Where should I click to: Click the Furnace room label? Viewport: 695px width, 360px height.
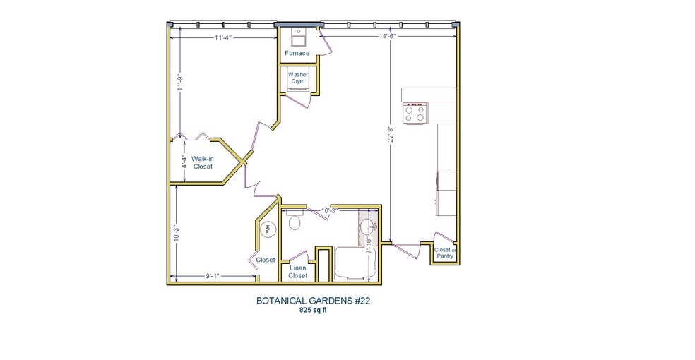pos(297,53)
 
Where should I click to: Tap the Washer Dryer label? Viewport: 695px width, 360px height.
pos(297,78)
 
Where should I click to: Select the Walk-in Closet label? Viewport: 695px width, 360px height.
pos(203,162)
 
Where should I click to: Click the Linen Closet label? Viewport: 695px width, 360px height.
pos(298,272)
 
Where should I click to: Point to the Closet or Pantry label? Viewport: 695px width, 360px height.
pos(445,253)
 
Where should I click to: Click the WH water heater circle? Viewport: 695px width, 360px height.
pos(268,229)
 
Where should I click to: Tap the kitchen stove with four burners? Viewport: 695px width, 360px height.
pos(415,113)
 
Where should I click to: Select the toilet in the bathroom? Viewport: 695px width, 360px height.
pos(295,222)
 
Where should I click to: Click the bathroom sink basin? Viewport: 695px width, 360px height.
pos(367,227)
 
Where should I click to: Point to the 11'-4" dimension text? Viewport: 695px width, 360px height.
pos(225,38)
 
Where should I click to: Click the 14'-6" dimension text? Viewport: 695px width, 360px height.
pos(388,36)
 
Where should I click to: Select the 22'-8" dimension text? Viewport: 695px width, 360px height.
pos(390,134)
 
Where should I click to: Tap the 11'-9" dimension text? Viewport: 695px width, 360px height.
pos(181,82)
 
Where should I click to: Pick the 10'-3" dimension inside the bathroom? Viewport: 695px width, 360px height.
pos(331,210)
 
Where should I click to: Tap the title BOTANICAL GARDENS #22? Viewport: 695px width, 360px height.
pos(313,300)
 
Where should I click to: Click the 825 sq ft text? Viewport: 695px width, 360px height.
pos(313,310)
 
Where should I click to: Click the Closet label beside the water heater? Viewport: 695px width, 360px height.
pos(266,260)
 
